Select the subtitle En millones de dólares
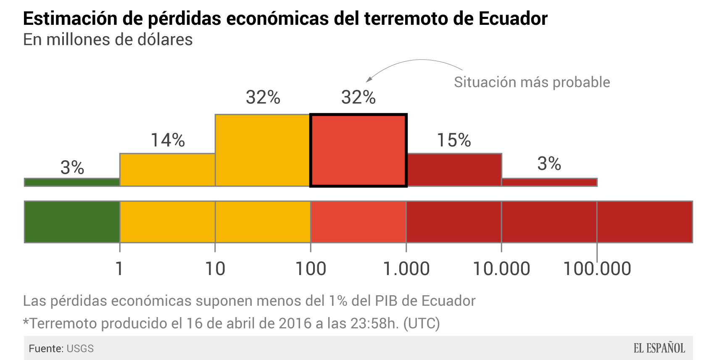[x=108, y=40]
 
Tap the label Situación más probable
[x=532, y=82]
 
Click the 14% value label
[x=168, y=140]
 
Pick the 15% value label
[x=454, y=140]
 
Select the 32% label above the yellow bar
[x=263, y=97]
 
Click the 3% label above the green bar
[x=72, y=167]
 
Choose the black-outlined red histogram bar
[x=358, y=150]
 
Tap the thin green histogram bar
[x=72, y=182]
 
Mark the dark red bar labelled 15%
[x=454, y=169]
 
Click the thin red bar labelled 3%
[x=549, y=182]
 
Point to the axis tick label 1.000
[x=406, y=269]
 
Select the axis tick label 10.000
[x=501, y=269]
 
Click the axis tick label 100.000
[x=597, y=269]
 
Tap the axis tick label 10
[x=215, y=269]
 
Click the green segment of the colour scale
[x=72, y=222]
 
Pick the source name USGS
[x=80, y=349]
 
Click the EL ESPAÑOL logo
[x=659, y=348]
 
